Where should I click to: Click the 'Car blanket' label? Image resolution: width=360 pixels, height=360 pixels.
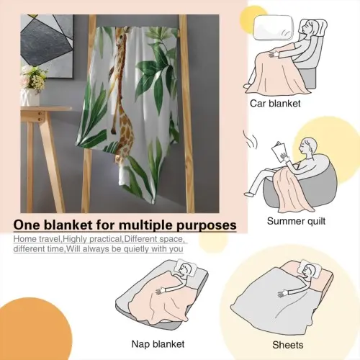point(275,104)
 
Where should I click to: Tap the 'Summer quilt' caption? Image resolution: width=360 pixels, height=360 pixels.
point(296,221)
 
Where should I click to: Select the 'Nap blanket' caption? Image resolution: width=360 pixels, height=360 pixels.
point(158,344)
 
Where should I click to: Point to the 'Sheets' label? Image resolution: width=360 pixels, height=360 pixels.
point(288,345)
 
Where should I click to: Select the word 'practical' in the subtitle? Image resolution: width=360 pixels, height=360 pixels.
point(106,239)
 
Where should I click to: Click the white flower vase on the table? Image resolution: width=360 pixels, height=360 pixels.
point(30,97)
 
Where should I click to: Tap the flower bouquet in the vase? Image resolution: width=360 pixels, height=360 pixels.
point(34,77)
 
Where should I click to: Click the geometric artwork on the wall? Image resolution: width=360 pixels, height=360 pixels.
point(47,46)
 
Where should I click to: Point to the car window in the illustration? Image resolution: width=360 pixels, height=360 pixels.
point(274,27)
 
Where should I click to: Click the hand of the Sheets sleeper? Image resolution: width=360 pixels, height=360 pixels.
point(282,294)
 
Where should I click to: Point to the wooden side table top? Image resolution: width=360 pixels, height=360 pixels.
point(46,109)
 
